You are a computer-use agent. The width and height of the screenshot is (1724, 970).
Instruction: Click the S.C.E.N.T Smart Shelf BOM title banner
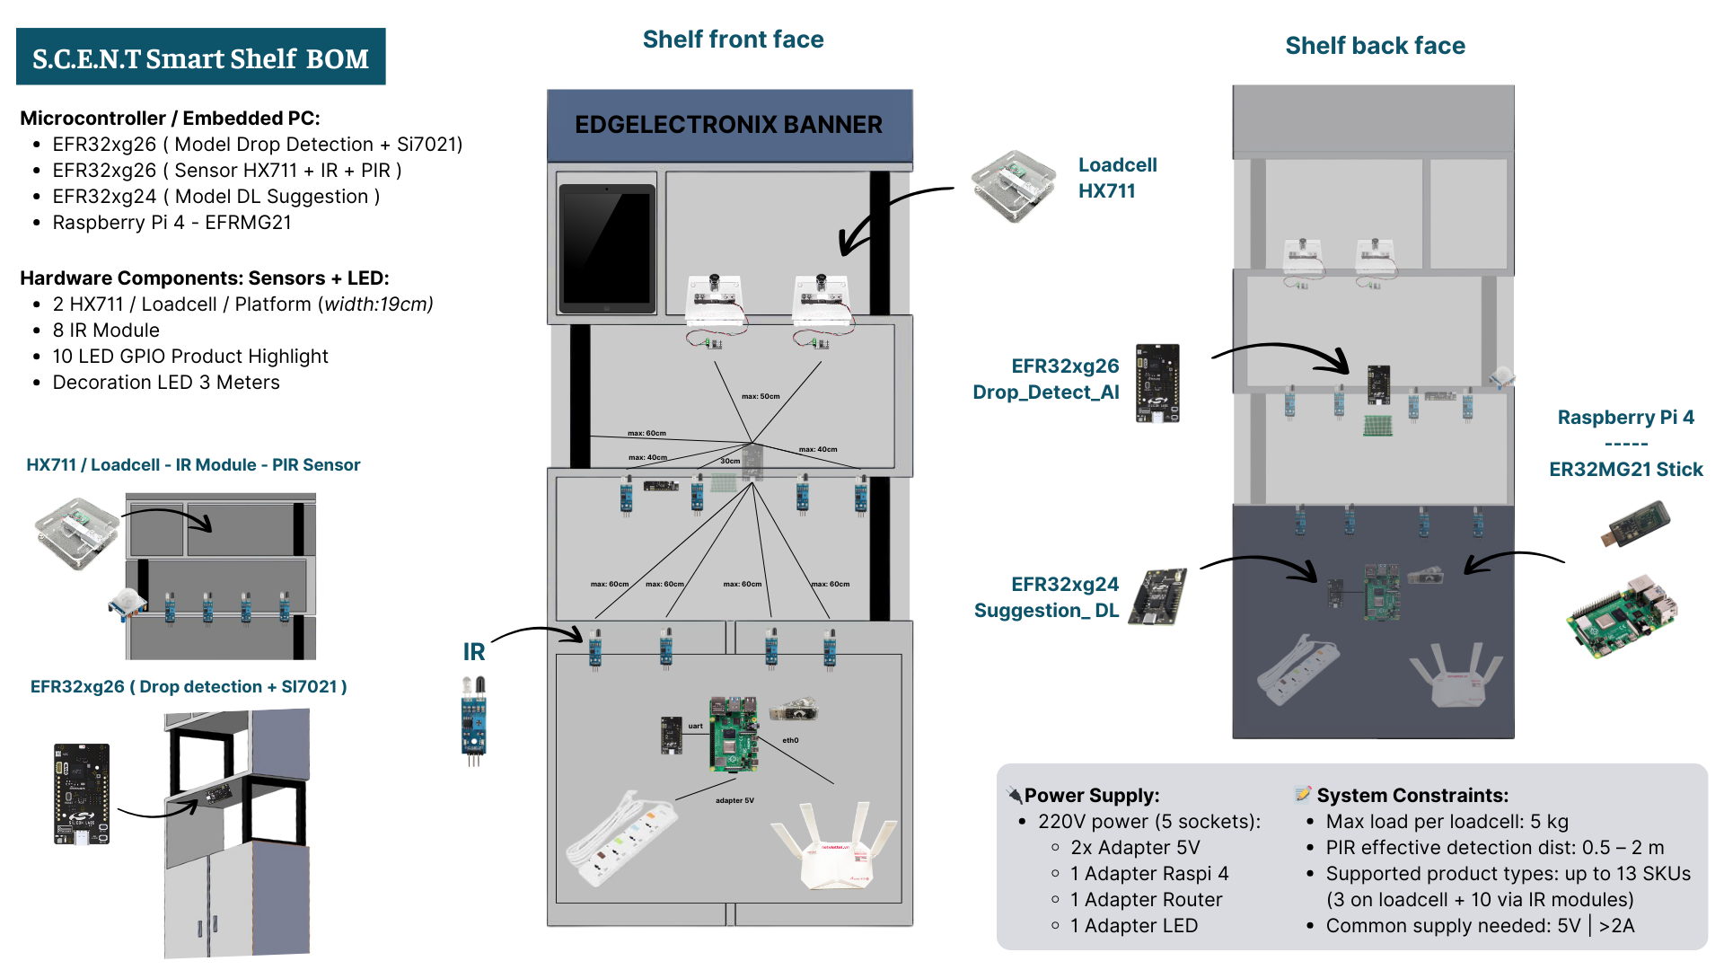(x=200, y=57)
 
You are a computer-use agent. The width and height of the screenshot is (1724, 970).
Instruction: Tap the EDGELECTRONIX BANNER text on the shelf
(x=728, y=125)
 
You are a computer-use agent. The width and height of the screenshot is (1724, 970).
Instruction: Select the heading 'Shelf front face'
(x=733, y=40)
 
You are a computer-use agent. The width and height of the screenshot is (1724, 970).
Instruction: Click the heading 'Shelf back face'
(x=1375, y=46)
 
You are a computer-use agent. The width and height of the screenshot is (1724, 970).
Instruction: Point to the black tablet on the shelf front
(x=606, y=247)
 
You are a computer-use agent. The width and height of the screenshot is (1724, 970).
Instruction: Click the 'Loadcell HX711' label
(x=1117, y=178)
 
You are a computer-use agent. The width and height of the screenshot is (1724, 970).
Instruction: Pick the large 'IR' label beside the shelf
(x=473, y=652)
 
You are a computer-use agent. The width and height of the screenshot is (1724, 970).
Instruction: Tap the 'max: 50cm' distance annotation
(x=761, y=396)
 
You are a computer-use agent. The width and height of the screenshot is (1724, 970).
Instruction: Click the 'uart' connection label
(x=696, y=726)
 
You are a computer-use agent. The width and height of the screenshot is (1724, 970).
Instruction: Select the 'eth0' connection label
(x=790, y=740)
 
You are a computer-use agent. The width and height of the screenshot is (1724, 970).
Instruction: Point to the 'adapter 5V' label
(x=734, y=800)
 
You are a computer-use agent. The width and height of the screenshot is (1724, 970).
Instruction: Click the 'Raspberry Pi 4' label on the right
(x=1625, y=418)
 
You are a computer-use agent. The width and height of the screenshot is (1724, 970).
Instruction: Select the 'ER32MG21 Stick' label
(x=1625, y=470)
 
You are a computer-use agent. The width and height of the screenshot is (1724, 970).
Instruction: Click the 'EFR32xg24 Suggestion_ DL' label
(x=1047, y=597)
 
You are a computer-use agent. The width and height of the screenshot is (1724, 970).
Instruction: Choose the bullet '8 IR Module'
(x=106, y=331)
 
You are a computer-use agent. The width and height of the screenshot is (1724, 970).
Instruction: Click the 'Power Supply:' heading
(x=1091, y=796)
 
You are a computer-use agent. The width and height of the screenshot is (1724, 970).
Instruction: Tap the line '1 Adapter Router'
(x=1146, y=900)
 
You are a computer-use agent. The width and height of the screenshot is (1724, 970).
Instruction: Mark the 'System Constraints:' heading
(x=1412, y=796)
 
